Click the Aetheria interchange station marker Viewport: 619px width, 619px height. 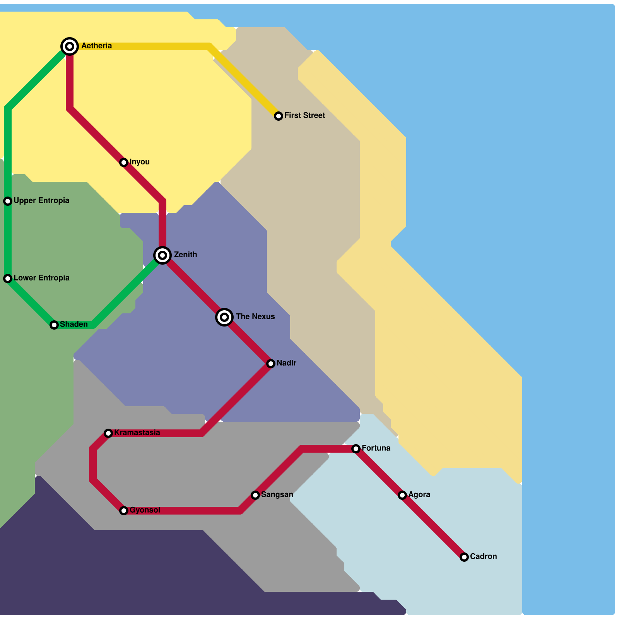pyautogui.click(x=70, y=46)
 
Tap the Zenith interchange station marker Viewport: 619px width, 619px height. pyautogui.click(x=162, y=255)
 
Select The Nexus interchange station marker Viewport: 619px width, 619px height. pyautogui.click(x=224, y=317)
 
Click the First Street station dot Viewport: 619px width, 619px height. pyautogui.click(x=279, y=116)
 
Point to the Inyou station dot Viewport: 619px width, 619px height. pyautogui.click(x=124, y=162)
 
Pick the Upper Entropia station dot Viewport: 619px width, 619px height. pyautogui.click(x=8, y=201)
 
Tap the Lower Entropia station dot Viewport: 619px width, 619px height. pyautogui.click(x=8, y=279)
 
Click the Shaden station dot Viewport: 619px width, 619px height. pyautogui.click(x=54, y=325)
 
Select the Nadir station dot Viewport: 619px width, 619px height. pyautogui.click(x=271, y=364)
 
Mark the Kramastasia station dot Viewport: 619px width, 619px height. pyautogui.click(x=108, y=433)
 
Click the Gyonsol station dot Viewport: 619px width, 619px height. pyautogui.click(x=124, y=511)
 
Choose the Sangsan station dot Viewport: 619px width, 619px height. pyautogui.click(x=255, y=495)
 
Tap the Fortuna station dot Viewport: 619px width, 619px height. pyautogui.click(x=356, y=449)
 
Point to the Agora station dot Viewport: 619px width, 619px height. pyautogui.click(x=402, y=495)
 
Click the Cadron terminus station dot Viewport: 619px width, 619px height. pyautogui.click(x=464, y=557)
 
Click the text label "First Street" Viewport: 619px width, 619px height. pyautogui.click(x=304, y=115)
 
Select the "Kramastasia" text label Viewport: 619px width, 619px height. pyautogui.click(x=137, y=433)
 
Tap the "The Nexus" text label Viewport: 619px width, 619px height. pyautogui.click(x=255, y=316)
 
